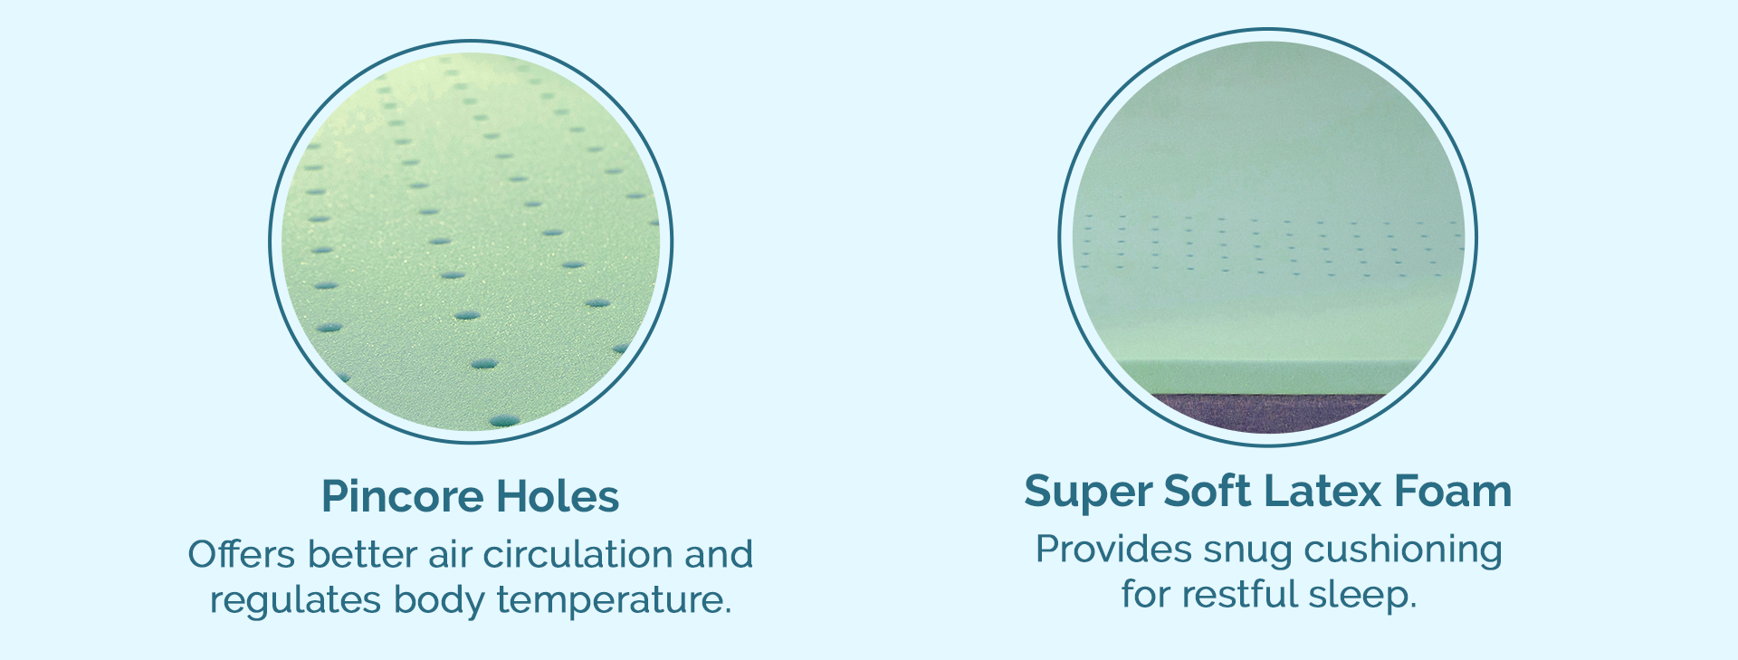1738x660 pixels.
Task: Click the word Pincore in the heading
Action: coord(403,496)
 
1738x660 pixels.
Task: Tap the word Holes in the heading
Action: coord(558,496)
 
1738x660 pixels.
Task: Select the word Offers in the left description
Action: coord(242,554)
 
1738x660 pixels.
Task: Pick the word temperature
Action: coord(614,600)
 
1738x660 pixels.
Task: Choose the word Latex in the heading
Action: coord(1323,491)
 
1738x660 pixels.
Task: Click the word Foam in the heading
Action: coord(1453,491)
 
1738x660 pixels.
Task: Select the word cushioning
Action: coord(1403,550)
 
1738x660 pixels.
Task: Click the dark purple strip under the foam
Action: coord(1268,411)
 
